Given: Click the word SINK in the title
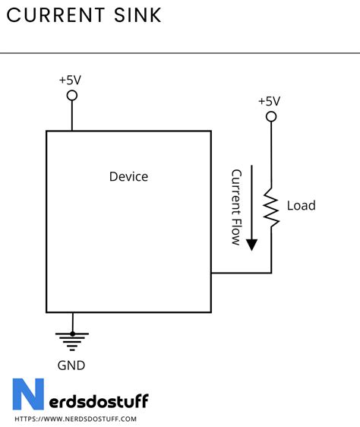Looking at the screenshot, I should [x=141, y=15].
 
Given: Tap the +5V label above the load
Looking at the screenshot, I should [x=269, y=100].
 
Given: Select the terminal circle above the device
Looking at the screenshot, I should [x=72, y=95].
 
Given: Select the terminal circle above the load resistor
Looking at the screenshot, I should [x=270, y=116].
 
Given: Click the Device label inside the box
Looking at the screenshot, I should [x=128, y=176].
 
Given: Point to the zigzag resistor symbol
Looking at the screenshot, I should [x=271, y=207].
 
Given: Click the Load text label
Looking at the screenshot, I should [x=301, y=206].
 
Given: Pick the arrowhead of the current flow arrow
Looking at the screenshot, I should [x=251, y=244].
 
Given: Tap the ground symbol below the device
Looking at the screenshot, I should [x=73, y=339].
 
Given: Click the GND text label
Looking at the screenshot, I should [x=71, y=365].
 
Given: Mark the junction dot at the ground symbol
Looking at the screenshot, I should [x=73, y=333].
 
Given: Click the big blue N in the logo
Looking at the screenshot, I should [x=28, y=396].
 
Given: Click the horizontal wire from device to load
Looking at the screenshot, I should [x=241, y=272].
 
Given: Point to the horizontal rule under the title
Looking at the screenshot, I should [x=180, y=53].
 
